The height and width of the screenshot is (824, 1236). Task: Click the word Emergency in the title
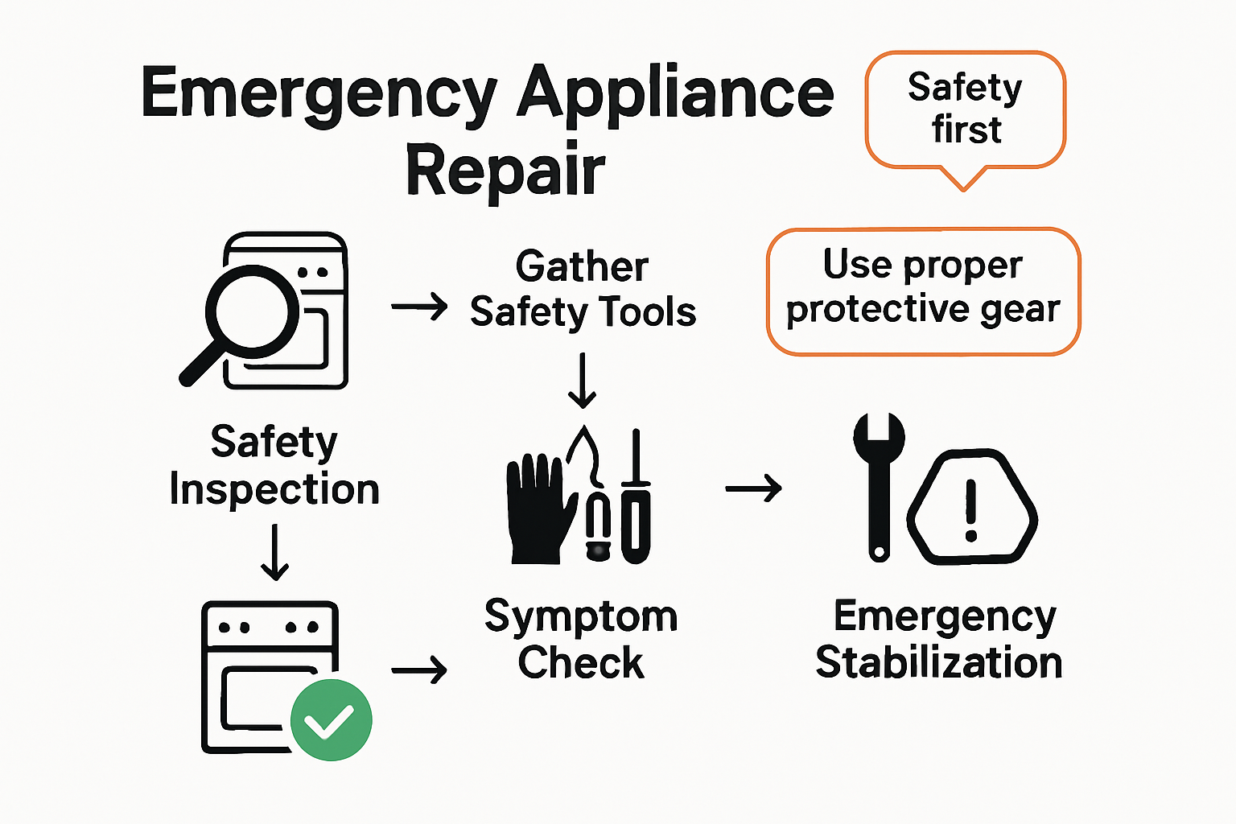319,95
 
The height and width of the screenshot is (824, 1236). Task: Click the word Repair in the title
505,170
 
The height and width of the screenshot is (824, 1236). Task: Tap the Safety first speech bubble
965,109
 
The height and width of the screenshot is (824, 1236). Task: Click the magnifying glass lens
251,311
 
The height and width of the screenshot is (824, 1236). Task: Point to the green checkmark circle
331,719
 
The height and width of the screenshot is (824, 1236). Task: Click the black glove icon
538,508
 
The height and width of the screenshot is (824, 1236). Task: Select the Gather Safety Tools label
583,290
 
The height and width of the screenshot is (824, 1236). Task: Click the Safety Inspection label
274,466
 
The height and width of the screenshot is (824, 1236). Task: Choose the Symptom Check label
581,640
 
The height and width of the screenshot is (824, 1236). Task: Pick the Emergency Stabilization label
939,640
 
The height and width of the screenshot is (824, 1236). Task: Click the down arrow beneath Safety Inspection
275,552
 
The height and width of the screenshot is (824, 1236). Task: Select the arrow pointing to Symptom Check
419,669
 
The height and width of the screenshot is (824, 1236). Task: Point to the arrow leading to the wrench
753,488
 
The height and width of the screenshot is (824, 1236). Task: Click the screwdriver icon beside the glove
636,499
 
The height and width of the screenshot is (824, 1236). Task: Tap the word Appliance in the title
674,95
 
